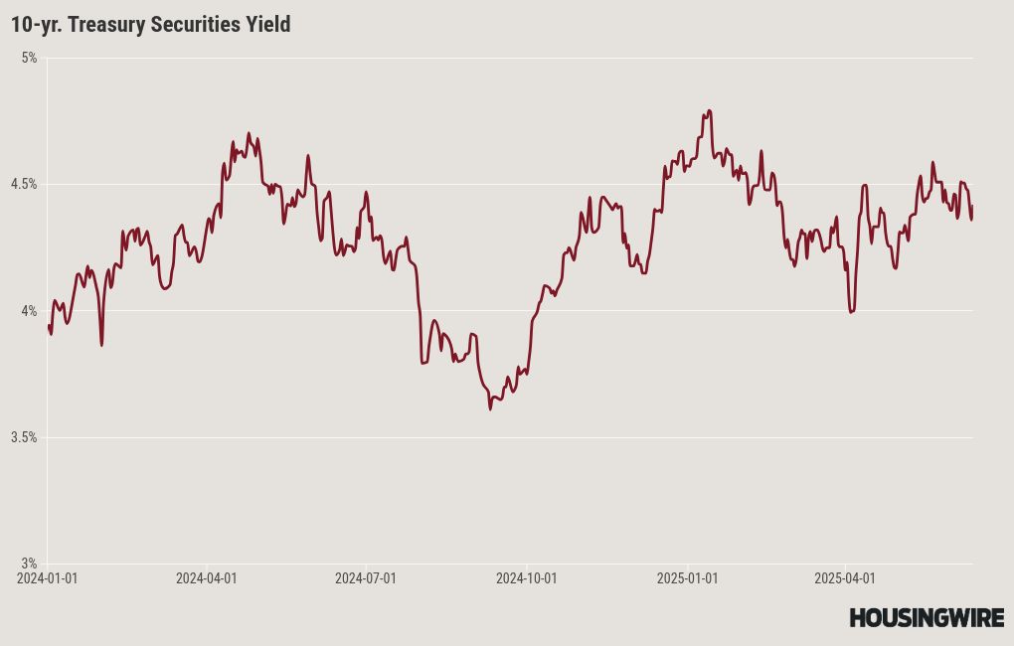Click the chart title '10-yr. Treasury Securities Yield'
[x=151, y=25]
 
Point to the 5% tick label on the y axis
[x=29, y=58]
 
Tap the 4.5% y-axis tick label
[x=24, y=184]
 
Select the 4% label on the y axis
[x=29, y=311]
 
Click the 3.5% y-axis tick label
[x=24, y=437]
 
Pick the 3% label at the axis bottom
[x=29, y=564]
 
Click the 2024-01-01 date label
[x=47, y=577]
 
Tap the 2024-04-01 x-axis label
[x=206, y=577]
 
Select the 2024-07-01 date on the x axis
[x=365, y=577]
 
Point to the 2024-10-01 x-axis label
[x=526, y=577]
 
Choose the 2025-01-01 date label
[x=687, y=577]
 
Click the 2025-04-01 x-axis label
[x=844, y=577]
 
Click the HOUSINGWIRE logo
[x=926, y=618]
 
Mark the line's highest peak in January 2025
[x=709, y=110]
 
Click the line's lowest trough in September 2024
[x=490, y=408]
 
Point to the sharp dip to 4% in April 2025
[x=851, y=312]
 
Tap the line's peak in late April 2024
[x=249, y=132]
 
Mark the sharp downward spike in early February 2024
[x=101, y=345]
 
